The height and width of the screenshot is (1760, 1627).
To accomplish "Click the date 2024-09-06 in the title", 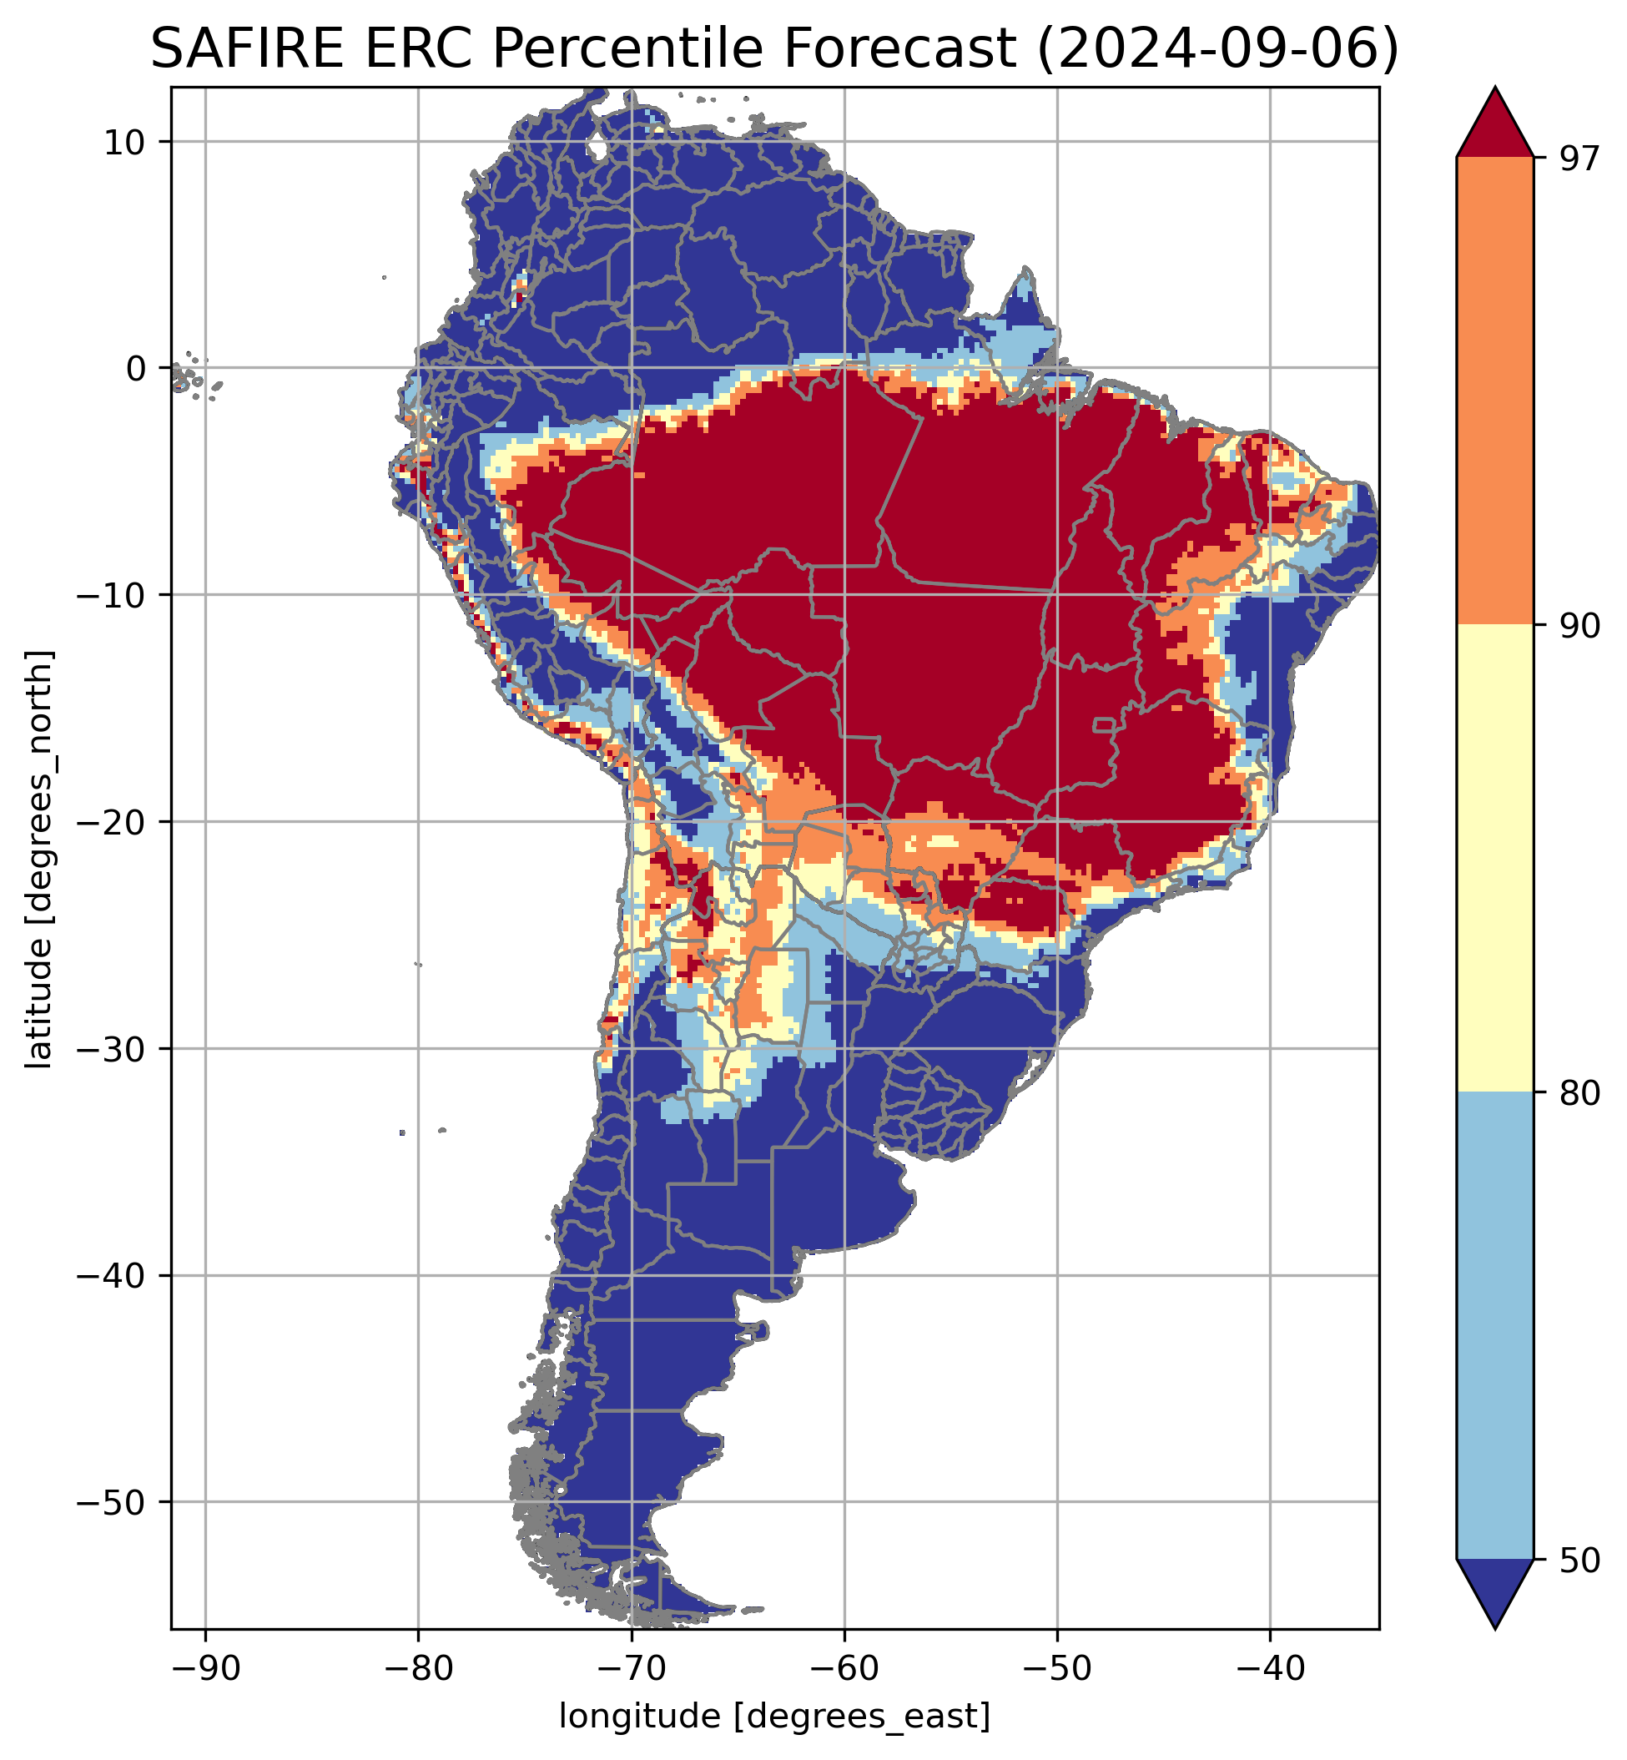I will (1217, 49).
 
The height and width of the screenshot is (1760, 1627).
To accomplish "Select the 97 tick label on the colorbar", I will (1578, 159).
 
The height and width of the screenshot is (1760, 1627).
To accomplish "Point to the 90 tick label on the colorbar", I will (1578, 626).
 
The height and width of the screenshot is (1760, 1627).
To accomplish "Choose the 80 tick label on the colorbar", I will (1578, 1093).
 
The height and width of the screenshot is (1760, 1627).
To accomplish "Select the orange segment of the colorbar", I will (1495, 391).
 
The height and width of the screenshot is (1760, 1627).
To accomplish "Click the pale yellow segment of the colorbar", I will (1495, 859).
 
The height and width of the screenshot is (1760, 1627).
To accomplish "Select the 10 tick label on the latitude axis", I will (125, 142).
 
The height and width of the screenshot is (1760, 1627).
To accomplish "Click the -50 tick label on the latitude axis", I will (113, 1503).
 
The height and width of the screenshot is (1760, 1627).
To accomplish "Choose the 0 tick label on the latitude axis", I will (137, 369).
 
